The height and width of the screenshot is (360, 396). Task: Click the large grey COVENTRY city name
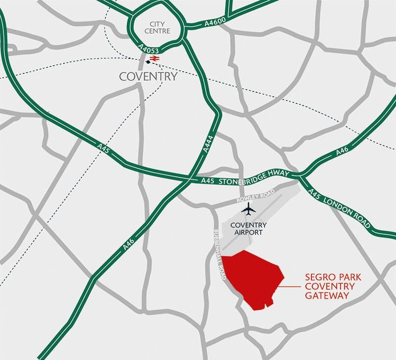point(148,76)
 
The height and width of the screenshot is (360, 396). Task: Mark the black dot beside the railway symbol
point(148,62)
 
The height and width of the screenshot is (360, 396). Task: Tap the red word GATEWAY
point(328,296)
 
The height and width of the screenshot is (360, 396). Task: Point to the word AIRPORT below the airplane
point(249,232)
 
